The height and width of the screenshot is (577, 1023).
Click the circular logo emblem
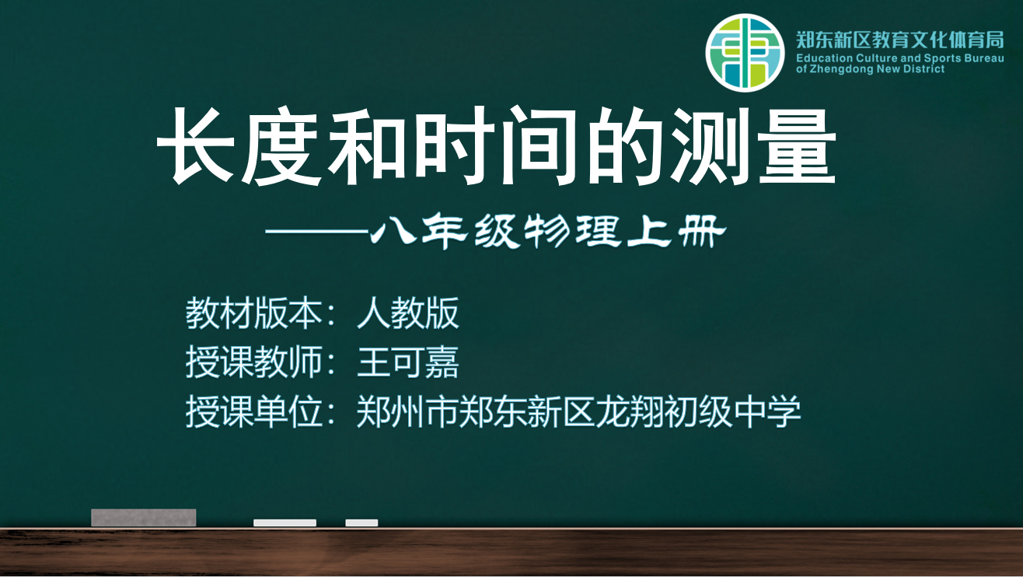point(745,53)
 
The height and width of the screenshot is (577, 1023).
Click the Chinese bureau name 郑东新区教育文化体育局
point(899,40)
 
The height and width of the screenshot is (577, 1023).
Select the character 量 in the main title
point(798,145)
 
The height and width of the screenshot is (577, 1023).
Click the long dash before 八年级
point(317,232)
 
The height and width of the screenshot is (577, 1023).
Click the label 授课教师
point(253,362)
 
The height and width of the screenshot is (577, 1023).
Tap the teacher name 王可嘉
point(407,362)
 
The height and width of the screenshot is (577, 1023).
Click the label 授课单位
point(253,411)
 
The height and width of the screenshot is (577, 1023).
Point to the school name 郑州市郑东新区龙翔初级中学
point(578,411)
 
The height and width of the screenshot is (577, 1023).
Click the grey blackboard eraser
point(143,518)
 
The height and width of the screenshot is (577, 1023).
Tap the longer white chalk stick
point(285,523)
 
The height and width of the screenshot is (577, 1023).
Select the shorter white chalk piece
point(361,523)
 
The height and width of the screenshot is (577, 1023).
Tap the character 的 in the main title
point(625,145)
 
